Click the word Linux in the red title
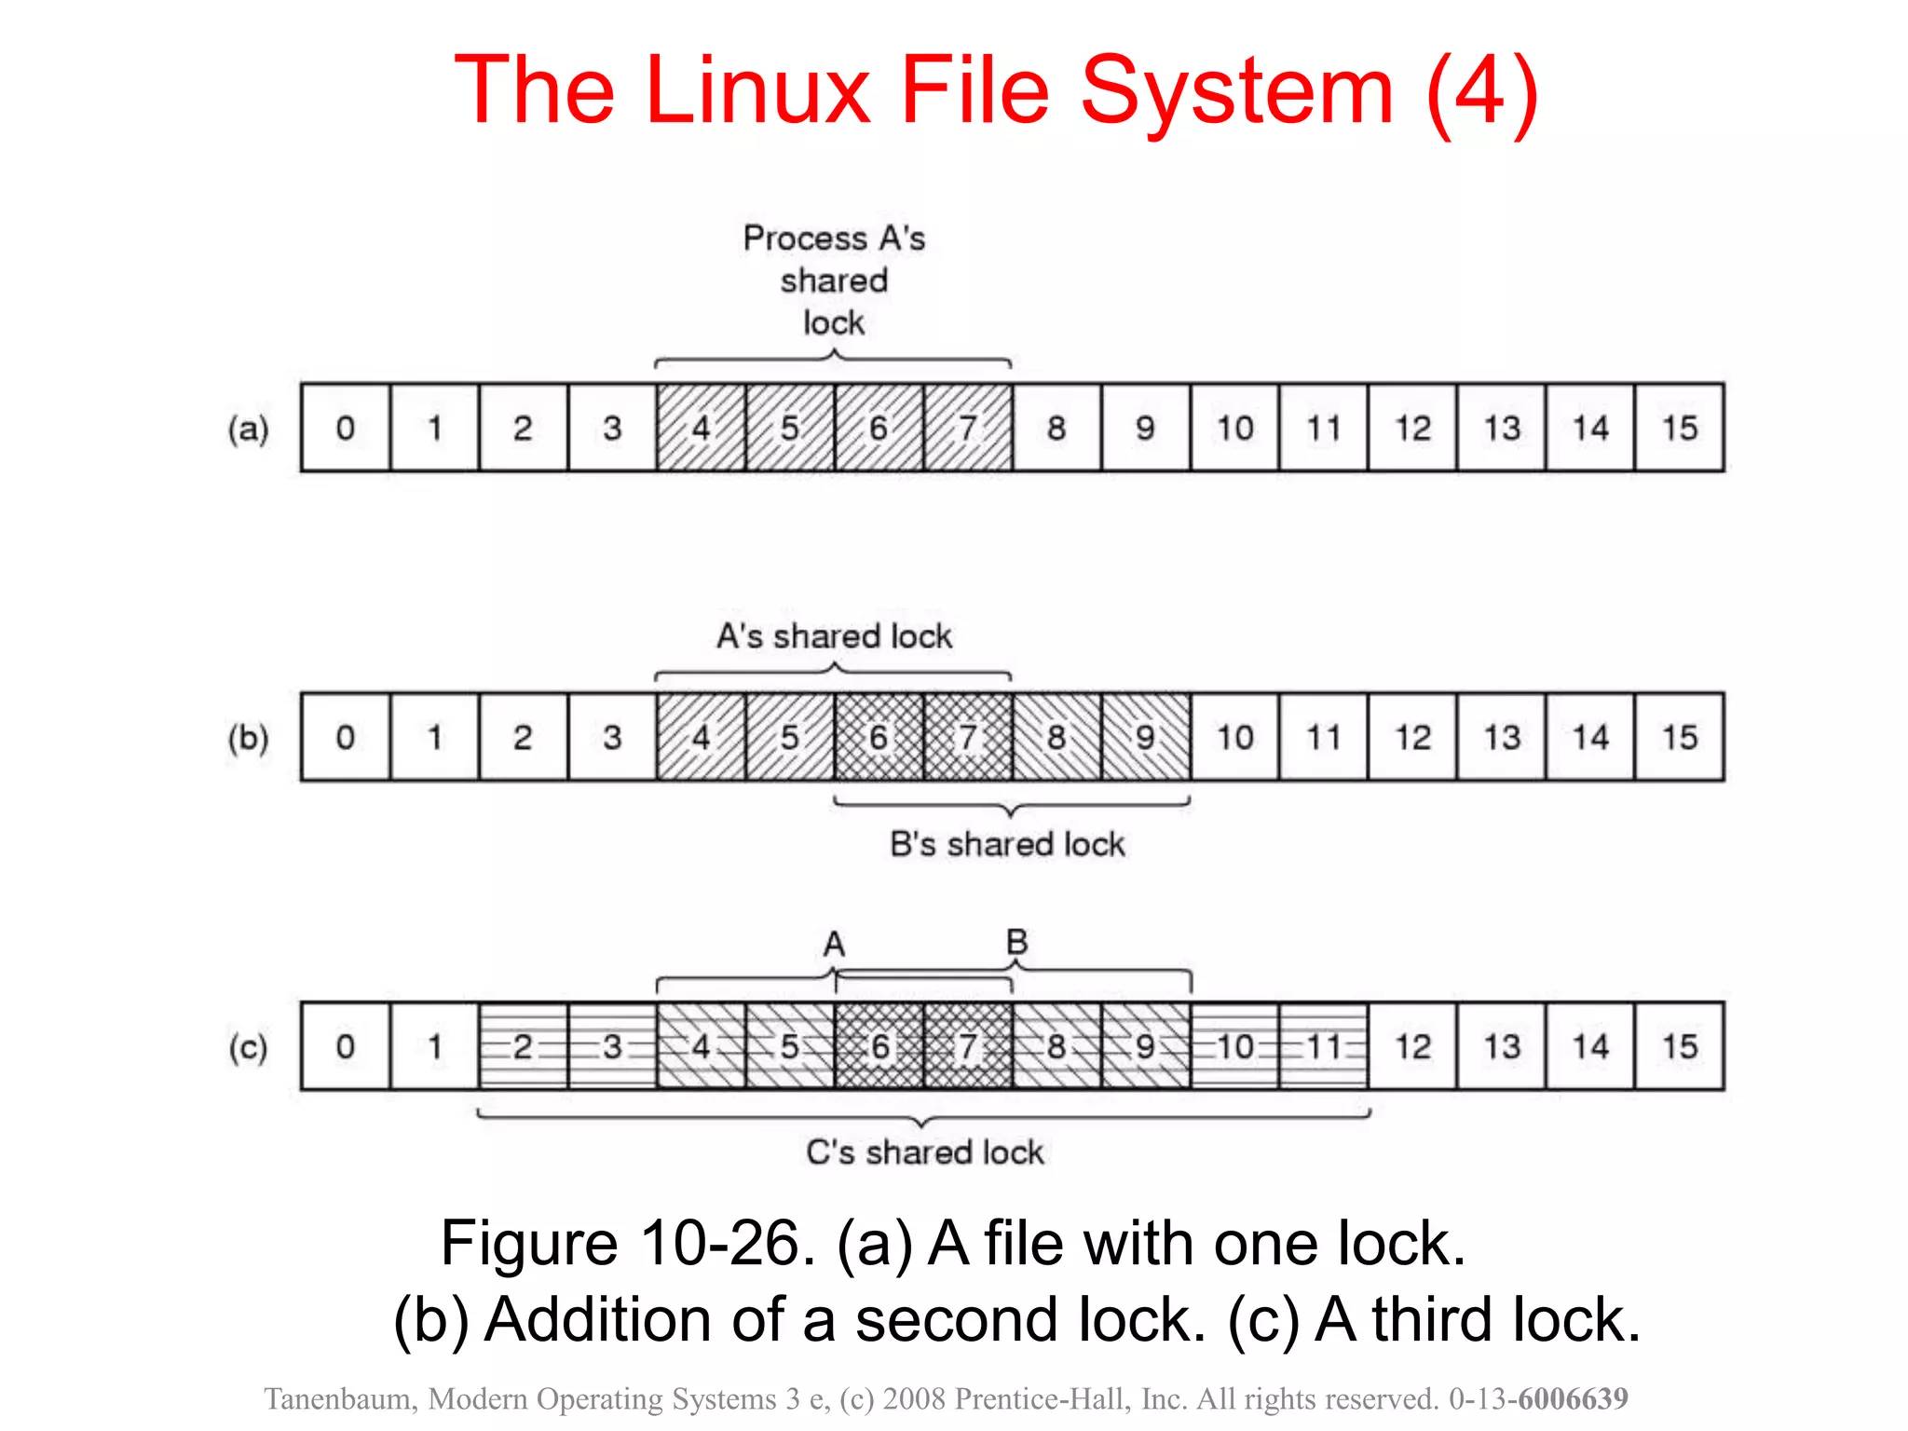pos(756,90)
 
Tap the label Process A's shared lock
pos(834,280)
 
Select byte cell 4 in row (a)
pos(701,428)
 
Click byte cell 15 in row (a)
pos(1680,428)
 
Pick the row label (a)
pos(249,429)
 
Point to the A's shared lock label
pos(834,636)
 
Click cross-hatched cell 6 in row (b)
pos(879,737)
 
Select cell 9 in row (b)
pos(1145,737)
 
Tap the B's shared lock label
pos(1007,844)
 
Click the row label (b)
pos(249,738)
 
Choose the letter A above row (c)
pos(834,945)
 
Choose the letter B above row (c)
pos(1016,942)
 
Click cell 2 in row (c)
pos(523,1046)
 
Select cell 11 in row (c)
pos(1323,1046)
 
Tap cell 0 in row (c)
pos(346,1046)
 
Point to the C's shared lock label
pos(924,1152)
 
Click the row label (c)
pos(249,1047)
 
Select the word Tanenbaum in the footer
pos(340,1398)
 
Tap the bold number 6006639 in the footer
pos(1573,1398)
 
